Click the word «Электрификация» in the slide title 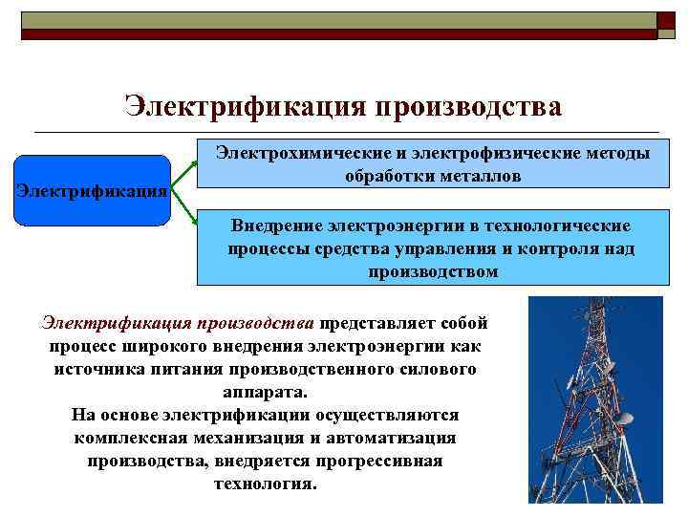[x=246, y=106]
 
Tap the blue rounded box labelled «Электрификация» [x=93, y=190]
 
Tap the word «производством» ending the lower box [x=433, y=271]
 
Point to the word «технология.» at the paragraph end [x=266, y=484]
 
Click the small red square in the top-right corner [x=666, y=21]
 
